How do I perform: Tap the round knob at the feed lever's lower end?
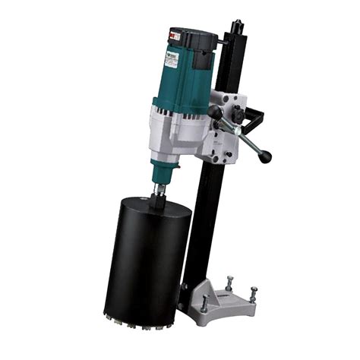point(266,157)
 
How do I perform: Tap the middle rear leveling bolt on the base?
point(229,283)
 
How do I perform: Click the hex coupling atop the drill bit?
point(159,191)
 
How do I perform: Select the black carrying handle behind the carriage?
point(257,122)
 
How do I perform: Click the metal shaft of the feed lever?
point(242,137)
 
